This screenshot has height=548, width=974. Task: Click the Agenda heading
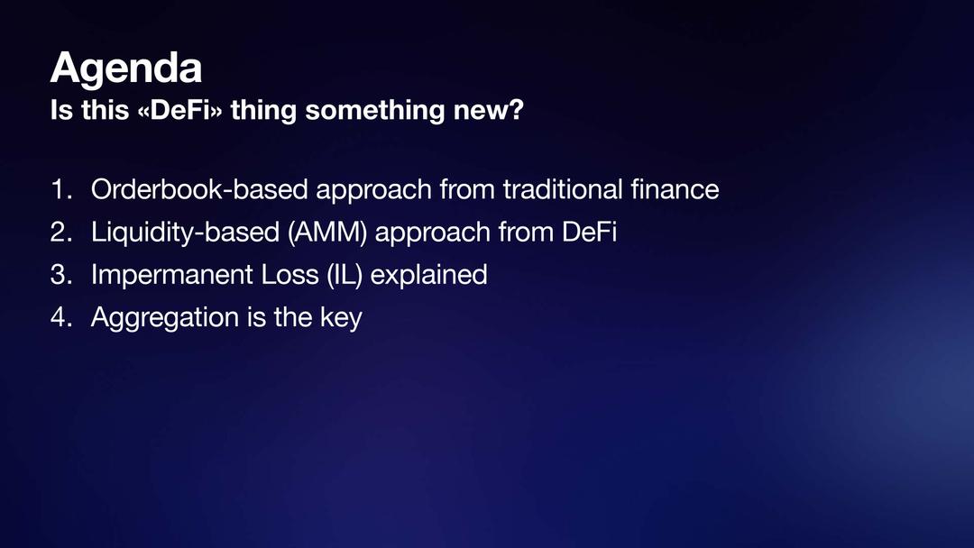click(x=126, y=68)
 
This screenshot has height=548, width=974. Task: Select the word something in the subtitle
click(x=375, y=112)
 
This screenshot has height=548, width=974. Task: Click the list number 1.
click(x=61, y=189)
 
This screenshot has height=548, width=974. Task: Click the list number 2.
click(x=61, y=233)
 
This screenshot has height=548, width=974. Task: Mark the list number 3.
click(x=61, y=275)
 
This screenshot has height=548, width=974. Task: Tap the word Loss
click(x=290, y=275)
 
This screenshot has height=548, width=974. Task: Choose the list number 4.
click(x=61, y=318)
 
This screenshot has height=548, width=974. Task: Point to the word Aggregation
click(x=165, y=318)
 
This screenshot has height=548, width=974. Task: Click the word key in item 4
click(x=341, y=318)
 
